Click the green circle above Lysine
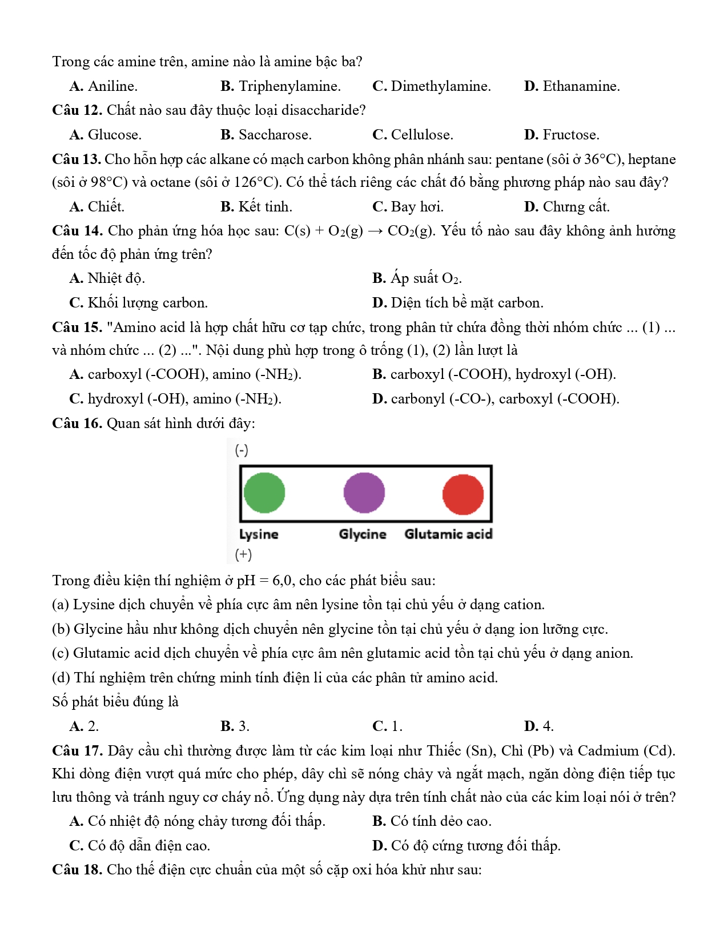(x=264, y=493)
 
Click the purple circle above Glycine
(x=364, y=493)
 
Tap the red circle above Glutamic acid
(x=463, y=494)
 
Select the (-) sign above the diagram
(x=242, y=450)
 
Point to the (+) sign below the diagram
(x=243, y=554)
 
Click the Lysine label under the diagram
(x=259, y=534)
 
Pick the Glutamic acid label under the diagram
(x=448, y=534)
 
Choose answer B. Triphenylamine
(x=280, y=86)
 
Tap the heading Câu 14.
(x=77, y=231)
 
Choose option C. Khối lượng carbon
(x=138, y=303)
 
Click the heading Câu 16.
(x=77, y=423)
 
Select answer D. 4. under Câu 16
(x=538, y=726)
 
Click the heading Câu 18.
(x=77, y=870)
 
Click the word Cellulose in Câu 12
(x=421, y=135)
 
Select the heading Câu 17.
(x=77, y=751)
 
